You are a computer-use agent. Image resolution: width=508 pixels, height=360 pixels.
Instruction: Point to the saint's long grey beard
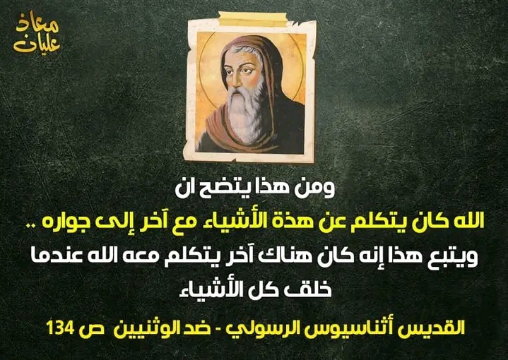(x=246, y=114)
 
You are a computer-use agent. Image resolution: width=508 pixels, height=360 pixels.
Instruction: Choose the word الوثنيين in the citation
(x=137, y=327)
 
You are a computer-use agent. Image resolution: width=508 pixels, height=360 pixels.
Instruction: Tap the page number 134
(x=60, y=328)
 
